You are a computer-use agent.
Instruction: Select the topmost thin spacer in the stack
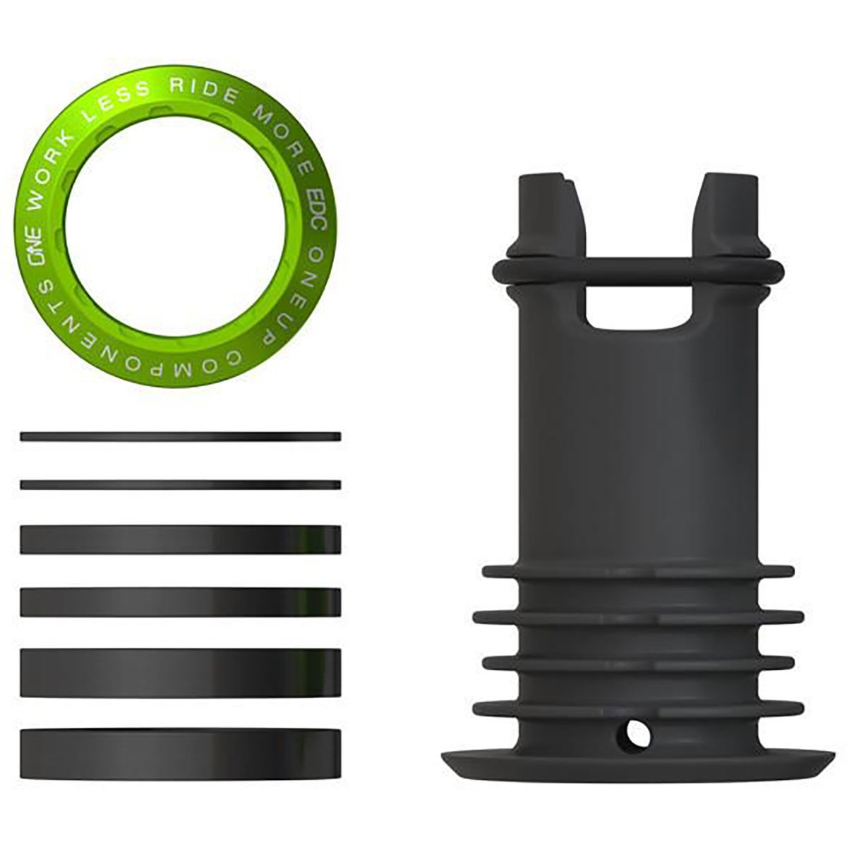[x=181, y=437]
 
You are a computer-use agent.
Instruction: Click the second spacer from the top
[x=181, y=484]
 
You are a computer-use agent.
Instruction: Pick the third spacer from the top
[x=181, y=539]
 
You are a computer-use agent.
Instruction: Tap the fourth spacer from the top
[x=181, y=601]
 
